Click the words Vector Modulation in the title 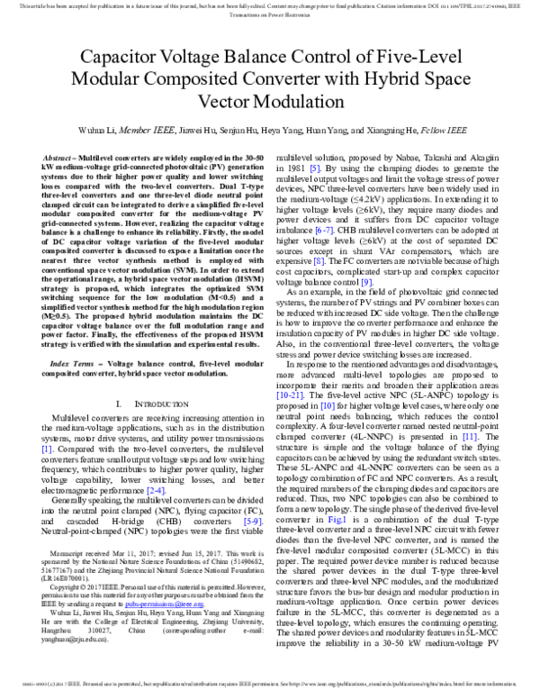click(270, 100)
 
